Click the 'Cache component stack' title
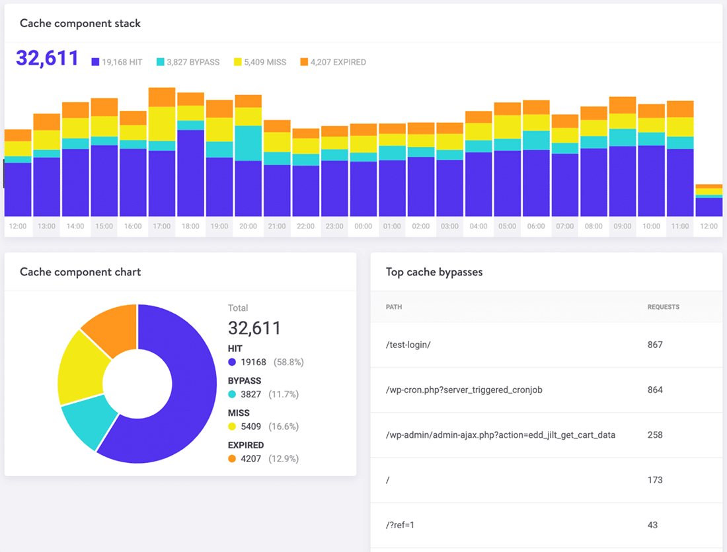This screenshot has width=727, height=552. click(80, 23)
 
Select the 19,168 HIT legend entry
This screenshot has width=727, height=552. click(117, 62)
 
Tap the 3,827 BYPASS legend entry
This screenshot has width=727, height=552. click(188, 62)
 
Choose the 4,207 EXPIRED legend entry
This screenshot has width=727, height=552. click(333, 62)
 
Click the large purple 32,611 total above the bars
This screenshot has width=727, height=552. click(47, 58)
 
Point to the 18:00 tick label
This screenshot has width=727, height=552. click(190, 226)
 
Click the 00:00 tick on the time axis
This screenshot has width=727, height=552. click(363, 226)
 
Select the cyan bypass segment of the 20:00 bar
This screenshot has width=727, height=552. click(249, 143)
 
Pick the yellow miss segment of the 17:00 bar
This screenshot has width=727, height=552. click(162, 123)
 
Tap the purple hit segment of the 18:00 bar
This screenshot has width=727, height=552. click(190, 173)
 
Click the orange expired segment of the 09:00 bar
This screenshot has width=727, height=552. click(623, 105)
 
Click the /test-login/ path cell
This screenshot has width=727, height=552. click(408, 345)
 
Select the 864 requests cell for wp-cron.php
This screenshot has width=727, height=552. click(655, 390)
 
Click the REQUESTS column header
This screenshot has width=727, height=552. click(663, 307)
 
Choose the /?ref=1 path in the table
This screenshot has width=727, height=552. click(400, 525)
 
